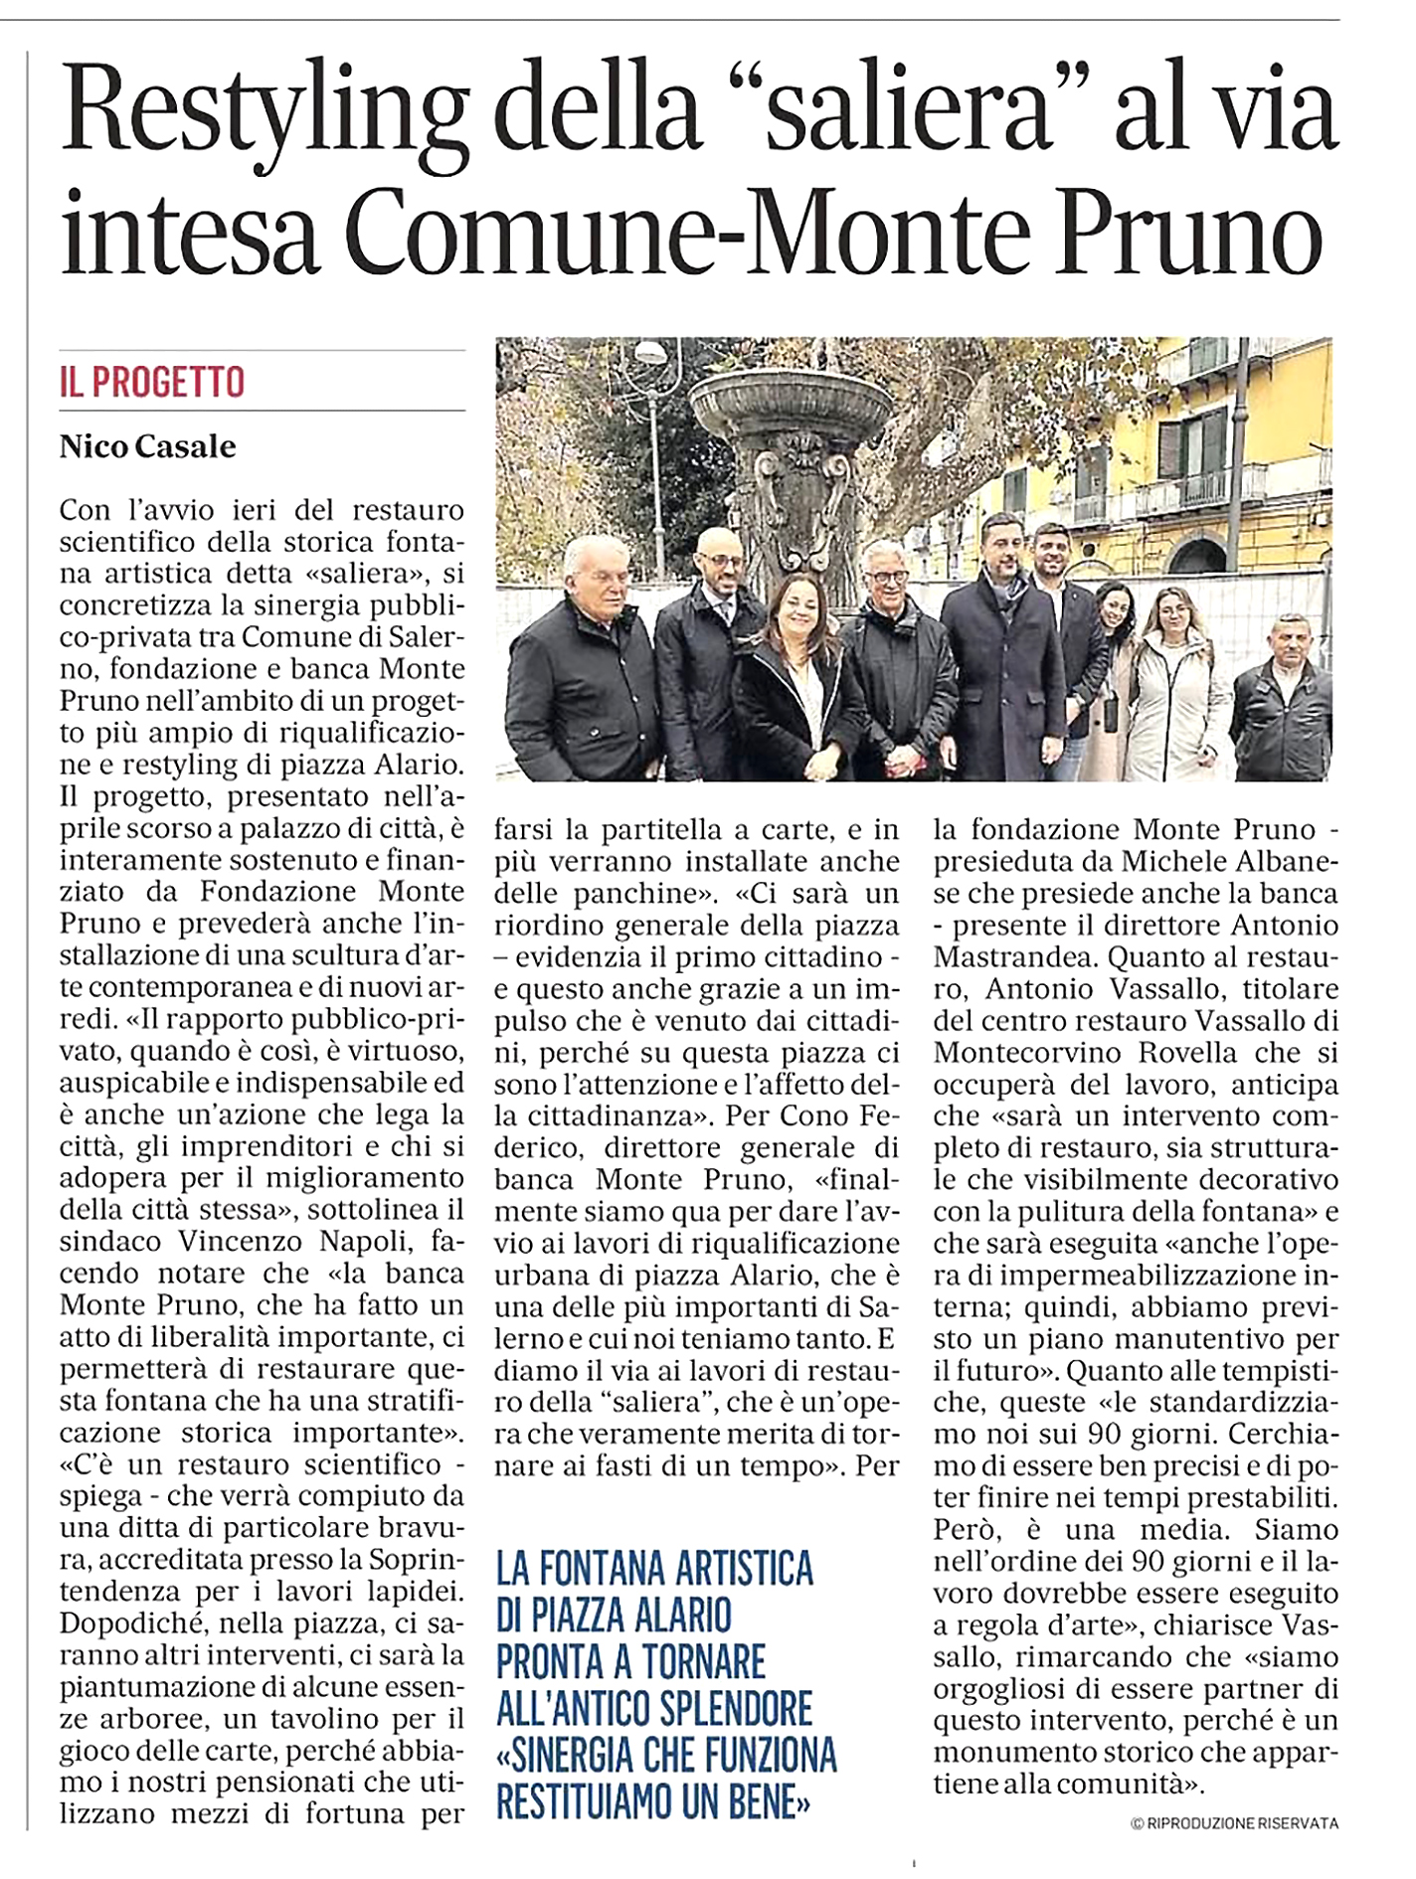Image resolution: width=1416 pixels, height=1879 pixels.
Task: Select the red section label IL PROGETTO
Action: click(152, 382)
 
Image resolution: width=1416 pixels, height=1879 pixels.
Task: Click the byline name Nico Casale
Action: click(148, 446)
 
